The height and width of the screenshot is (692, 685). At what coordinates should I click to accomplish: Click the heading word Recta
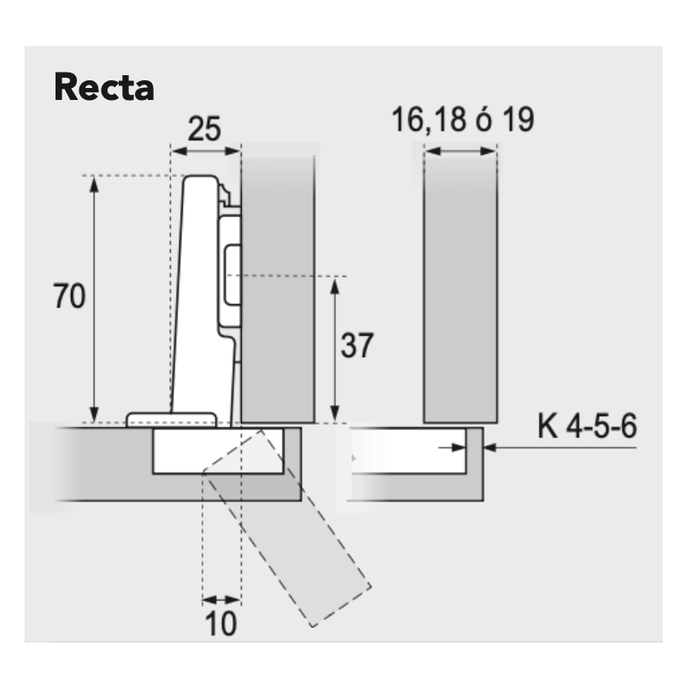(104, 87)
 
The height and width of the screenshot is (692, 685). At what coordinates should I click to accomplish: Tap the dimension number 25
(204, 129)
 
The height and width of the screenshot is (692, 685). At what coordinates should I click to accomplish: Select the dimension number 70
(69, 296)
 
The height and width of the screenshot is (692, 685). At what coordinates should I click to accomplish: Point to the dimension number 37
(357, 345)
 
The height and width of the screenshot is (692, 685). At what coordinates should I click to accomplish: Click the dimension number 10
(220, 624)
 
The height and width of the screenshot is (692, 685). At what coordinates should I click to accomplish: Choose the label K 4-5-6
(588, 426)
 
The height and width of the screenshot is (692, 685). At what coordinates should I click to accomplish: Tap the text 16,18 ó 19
(463, 119)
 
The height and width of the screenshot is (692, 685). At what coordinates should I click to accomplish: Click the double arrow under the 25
(206, 151)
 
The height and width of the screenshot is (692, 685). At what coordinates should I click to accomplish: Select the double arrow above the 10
(222, 600)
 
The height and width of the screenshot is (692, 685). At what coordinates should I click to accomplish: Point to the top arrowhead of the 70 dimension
(93, 185)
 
